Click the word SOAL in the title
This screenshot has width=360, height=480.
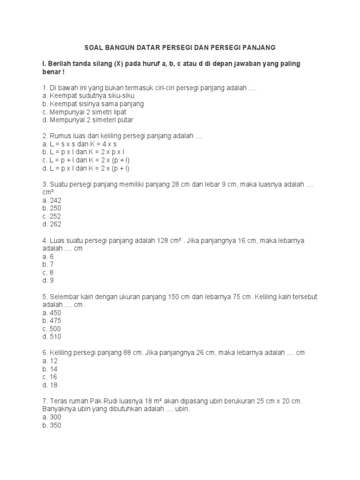click(93, 47)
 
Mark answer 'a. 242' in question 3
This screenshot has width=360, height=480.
click(52, 200)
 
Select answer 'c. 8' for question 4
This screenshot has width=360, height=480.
click(48, 272)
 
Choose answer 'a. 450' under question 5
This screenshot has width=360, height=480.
click(52, 313)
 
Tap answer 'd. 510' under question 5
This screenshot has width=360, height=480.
click(52, 337)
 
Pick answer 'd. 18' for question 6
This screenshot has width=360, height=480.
click(50, 385)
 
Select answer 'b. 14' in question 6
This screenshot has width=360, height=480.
click(50, 369)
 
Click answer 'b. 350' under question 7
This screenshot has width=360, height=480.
click(52, 425)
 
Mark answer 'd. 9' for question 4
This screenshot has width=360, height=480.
click(48, 280)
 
